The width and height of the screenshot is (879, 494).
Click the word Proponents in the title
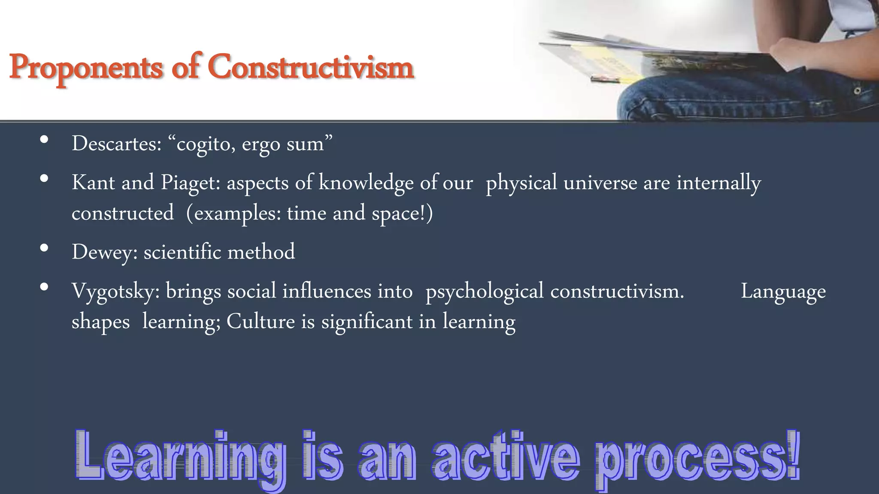click(x=86, y=68)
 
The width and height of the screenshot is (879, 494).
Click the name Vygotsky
click(x=115, y=292)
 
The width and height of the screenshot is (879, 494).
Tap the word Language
click(x=783, y=292)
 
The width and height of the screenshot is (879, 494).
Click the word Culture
click(x=260, y=322)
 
